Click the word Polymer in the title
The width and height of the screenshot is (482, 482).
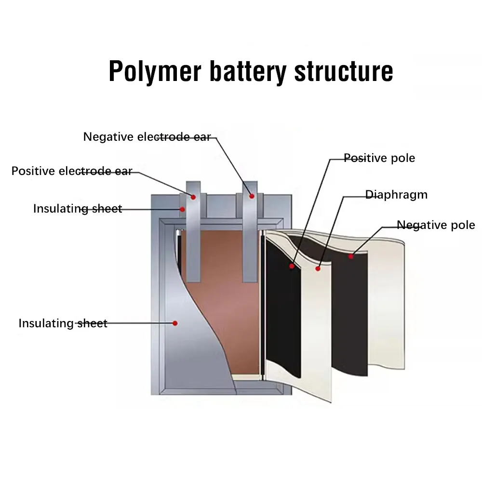click(x=155, y=72)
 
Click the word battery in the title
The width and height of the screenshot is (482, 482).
click(x=248, y=72)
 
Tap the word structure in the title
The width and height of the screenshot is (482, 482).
click(x=344, y=72)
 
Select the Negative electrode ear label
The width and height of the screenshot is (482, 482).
click(x=147, y=137)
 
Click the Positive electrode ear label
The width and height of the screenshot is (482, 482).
click(x=72, y=171)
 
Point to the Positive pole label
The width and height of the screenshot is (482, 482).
click(x=379, y=158)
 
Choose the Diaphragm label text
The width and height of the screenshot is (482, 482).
click(x=396, y=195)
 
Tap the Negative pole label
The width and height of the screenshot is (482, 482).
click(x=436, y=225)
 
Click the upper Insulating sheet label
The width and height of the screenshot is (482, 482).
click(x=78, y=209)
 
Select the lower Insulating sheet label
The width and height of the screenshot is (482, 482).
click(x=63, y=323)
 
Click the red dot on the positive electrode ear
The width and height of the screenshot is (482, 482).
click(x=193, y=197)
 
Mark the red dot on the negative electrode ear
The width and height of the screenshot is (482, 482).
click(x=252, y=196)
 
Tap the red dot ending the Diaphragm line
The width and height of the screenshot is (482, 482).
click(x=318, y=268)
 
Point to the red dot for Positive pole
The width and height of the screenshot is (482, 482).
click(x=292, y=266)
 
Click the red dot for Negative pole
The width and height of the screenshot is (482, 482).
click(x=351, y=256)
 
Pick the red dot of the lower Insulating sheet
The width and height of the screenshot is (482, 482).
click(x=175, y=323)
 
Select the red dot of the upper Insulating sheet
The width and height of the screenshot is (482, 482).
click(x=182, y=209)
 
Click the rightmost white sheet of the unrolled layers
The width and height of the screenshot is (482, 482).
click(x=386, y=304)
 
